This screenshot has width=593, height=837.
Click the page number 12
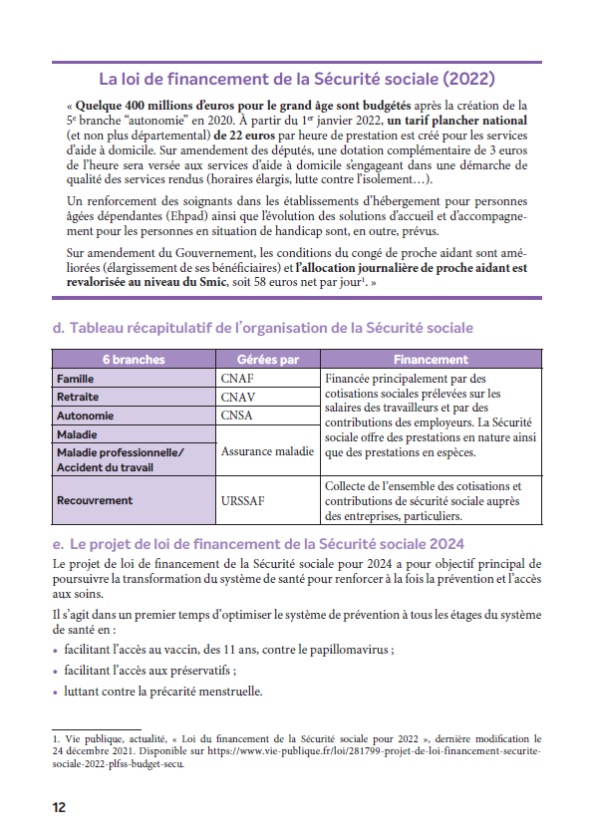pos(59,807)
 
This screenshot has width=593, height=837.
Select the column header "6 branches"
pos(134,359)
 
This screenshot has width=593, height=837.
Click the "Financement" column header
pos(431,359)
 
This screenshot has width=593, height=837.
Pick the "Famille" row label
pos(76,379)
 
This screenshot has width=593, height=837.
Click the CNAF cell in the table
pos(240,379)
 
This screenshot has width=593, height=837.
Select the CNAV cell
pos(240,397)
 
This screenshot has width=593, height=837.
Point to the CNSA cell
pos(239,416)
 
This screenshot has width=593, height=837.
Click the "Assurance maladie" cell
pos(267,451)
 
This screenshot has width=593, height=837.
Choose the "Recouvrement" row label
pos(95,500)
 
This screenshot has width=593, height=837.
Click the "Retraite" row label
pos(78,397)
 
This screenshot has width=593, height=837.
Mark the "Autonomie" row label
pos(85,416)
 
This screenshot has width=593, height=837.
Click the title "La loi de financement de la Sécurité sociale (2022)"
pos(296,79)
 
